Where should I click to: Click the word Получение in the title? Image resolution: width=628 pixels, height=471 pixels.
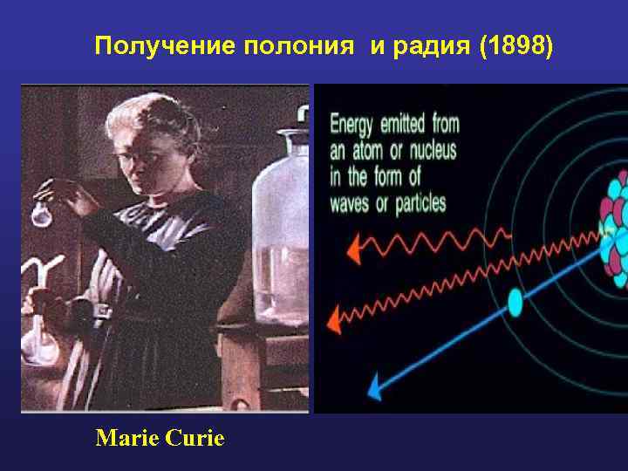pyautogui.click(x=165, y=45)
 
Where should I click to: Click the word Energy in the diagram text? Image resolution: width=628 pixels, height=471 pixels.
pyautogui.click(x=353, y=125)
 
